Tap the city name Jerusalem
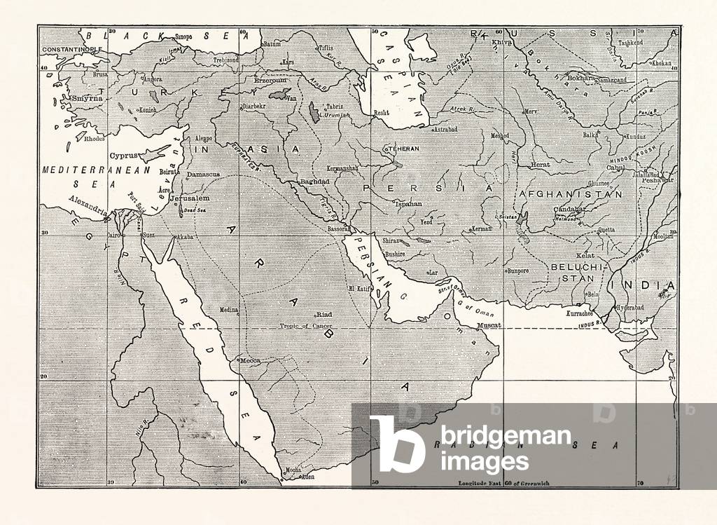point(194,198)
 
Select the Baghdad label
point(314,182)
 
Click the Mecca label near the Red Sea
point(250,360)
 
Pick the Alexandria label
point(88,209)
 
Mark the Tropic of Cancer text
point(305,326)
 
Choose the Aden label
point(306,477)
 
